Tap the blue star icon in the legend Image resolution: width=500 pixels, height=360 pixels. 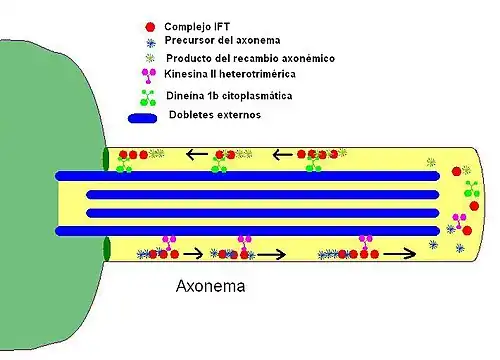(150, 41)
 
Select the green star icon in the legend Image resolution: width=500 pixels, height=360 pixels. (150, 58)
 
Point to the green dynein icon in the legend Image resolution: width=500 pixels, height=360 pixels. (150, 98)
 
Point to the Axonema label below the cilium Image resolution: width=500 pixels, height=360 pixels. (210, 286)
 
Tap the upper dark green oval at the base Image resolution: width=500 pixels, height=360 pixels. (106, 160)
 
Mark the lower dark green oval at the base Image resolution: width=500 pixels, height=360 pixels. (106, 248)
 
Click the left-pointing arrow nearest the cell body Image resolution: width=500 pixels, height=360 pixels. (197, 155)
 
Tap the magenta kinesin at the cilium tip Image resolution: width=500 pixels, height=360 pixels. (461, 221)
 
